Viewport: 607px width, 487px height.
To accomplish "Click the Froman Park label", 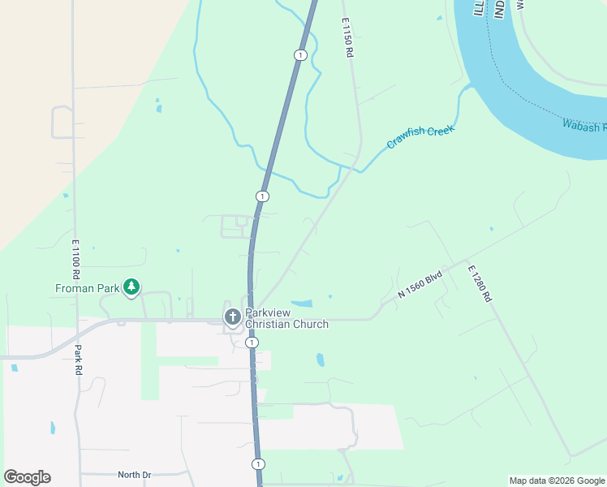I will coord(87,288).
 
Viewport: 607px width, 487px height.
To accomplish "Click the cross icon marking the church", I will coord(232,317).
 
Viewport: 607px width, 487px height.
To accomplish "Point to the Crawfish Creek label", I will coord(420,136).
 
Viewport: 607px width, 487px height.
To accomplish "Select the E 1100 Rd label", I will coord(76,255).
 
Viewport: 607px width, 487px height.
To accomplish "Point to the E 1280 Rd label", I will coord(479,283).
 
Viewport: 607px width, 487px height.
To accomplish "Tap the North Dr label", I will coord(134,475).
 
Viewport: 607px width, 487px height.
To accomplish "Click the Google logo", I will coord(27,477).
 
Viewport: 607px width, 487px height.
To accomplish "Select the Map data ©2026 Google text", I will coord(557,481).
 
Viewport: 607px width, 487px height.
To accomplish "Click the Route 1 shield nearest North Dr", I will coord(258,464).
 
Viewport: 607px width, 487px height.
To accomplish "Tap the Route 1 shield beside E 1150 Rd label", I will coord(300,54).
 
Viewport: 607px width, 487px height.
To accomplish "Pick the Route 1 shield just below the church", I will coord(252,343).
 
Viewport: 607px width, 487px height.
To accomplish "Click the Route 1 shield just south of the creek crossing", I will coord(262,196).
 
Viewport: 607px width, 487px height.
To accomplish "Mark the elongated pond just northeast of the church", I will coord(302,304).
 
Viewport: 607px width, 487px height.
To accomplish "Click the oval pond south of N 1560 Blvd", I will coord(321,359).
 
